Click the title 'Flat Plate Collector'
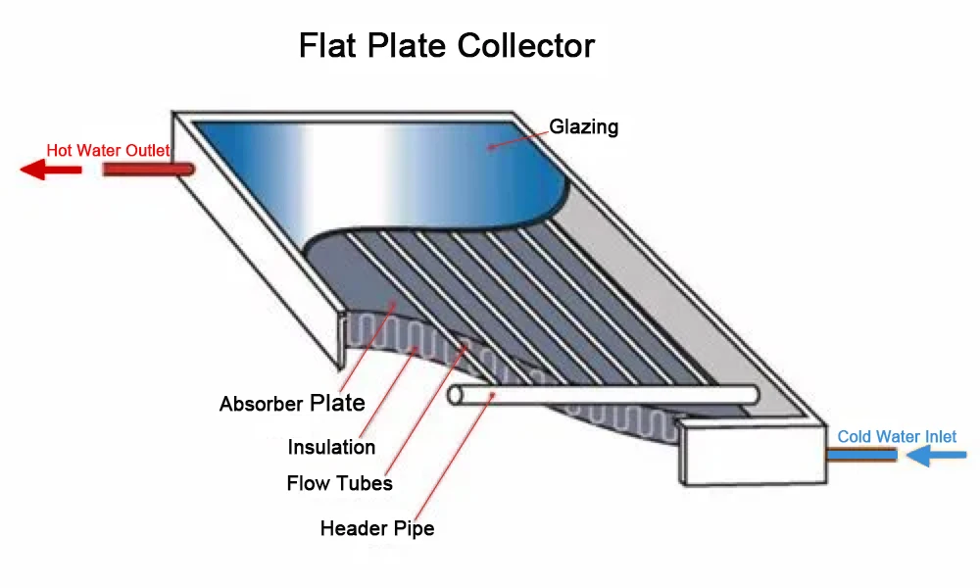click(446, 46)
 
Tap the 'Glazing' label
click(583, 126)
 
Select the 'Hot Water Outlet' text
click(108, 151)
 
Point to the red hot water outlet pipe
click(148, 170)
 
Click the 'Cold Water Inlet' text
click(897, 436)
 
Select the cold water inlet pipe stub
click(861, 455)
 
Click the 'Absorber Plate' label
click(292, 404)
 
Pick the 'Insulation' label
click(331, 447)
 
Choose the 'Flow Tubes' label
click(339, 483)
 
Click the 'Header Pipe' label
click(376, 529)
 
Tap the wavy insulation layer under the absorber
click(392, 338)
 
